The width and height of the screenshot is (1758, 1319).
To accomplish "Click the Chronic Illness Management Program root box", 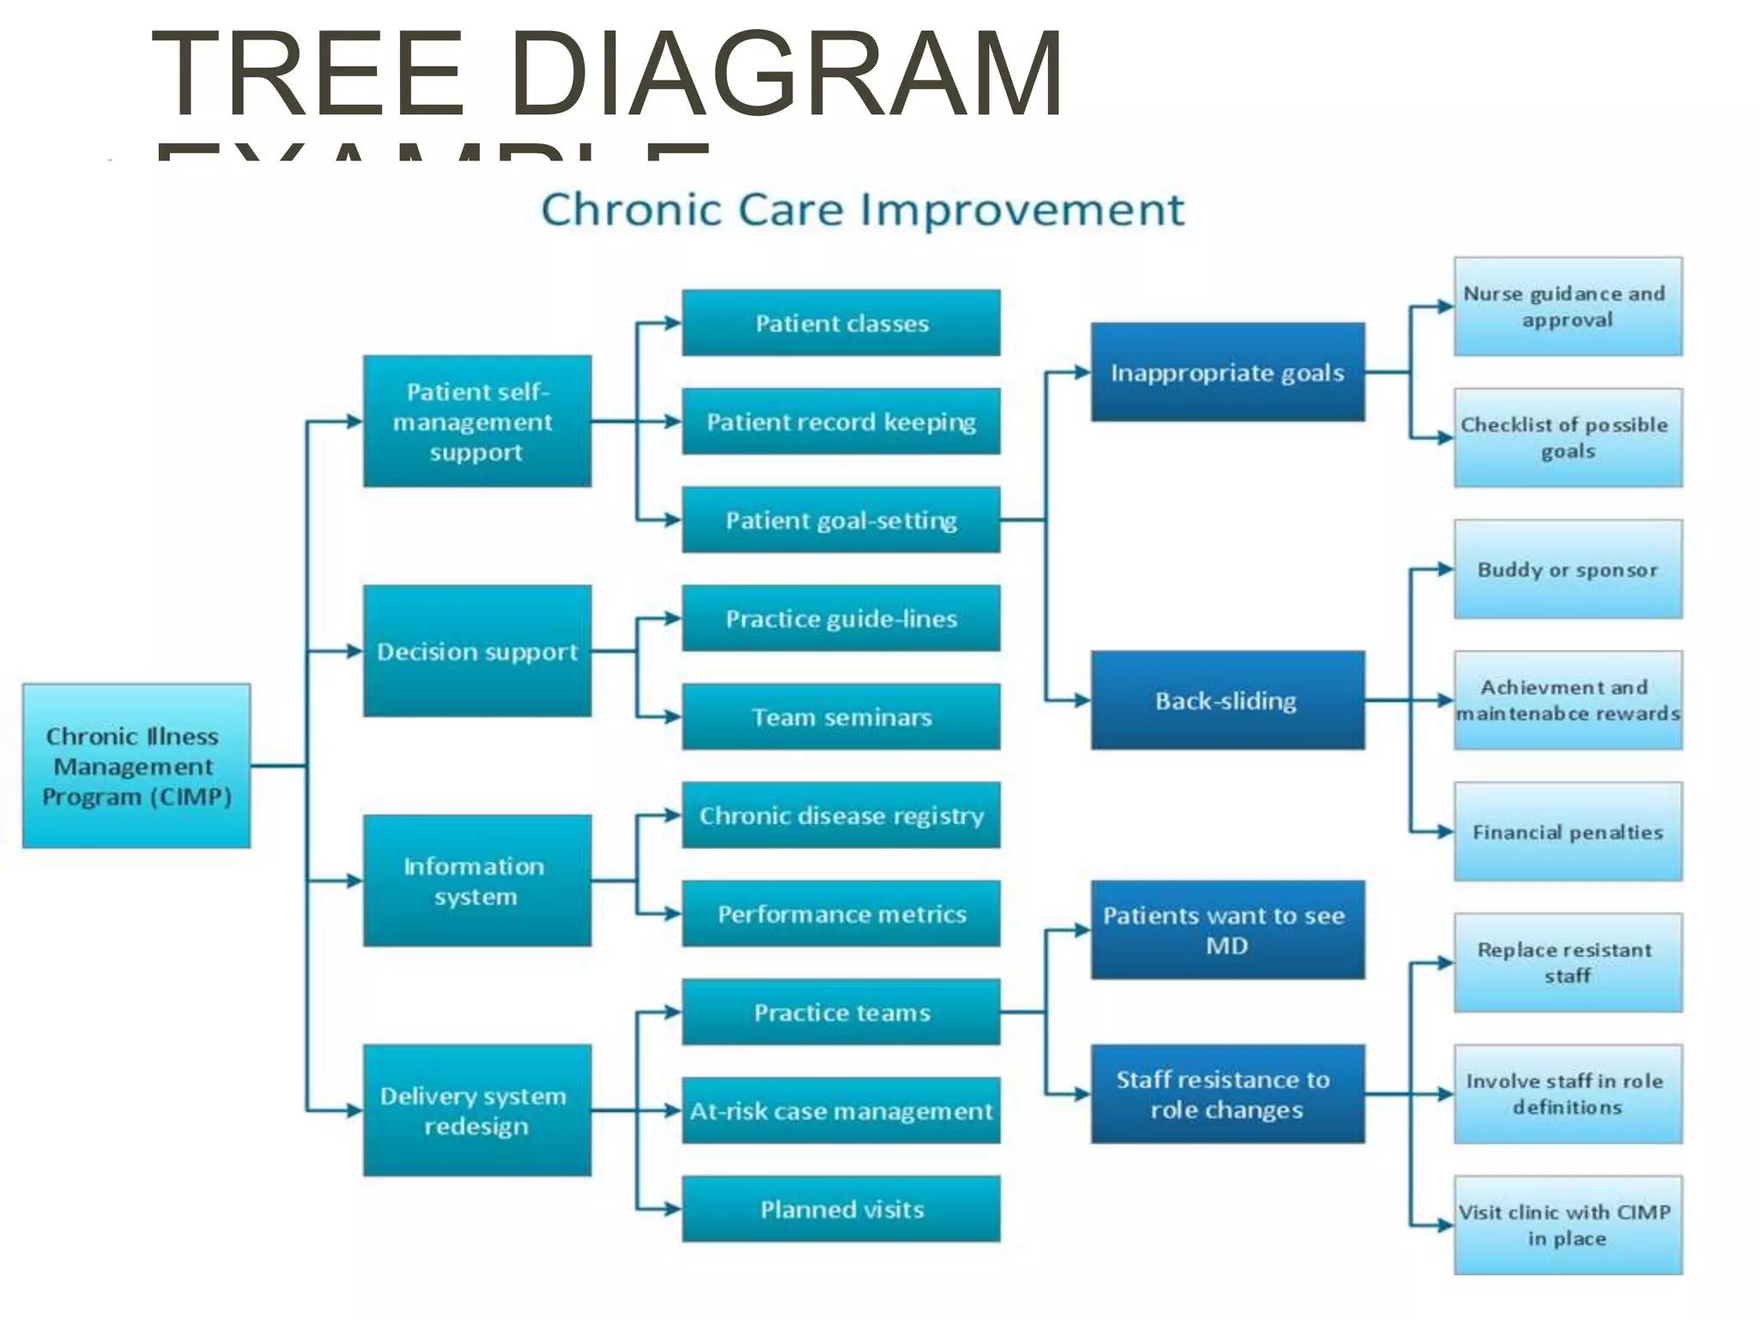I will click(x=136, y=765).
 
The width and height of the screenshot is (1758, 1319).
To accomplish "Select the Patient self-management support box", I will click(x=476, y=421).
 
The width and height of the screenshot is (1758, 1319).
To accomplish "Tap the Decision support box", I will click(x=476, y=651).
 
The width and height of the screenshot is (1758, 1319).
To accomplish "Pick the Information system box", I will click(x=476, y=880).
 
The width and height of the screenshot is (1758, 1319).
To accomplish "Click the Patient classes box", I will click(x=840, y=323).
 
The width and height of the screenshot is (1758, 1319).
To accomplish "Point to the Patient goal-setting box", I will click(x=840, y=520).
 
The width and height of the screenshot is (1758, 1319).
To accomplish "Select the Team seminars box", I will click(x=840, y=716).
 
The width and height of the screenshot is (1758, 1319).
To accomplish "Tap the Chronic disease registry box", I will click(x=840, y=815).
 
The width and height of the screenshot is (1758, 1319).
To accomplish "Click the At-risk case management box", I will click(x=840, y=1110).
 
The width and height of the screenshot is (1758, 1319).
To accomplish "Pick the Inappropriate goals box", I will click(x=1227, y=372).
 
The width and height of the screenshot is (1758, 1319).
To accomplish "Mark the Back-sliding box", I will click(x=1227, y=700).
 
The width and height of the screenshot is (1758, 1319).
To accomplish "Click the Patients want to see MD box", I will click(x=1227, y=929).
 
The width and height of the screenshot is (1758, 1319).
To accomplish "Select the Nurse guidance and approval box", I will click(x=1567, y=306).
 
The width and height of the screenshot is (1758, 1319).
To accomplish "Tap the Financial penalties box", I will click(x=1567, y=831).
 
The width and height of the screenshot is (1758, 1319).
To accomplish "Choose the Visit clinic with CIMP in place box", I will click(x=1567, y=1225).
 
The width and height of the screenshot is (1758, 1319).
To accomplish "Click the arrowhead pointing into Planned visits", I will click(x=673, y=1209).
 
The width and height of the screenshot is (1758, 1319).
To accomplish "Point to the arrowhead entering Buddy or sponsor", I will click(x=1445, y=568).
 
